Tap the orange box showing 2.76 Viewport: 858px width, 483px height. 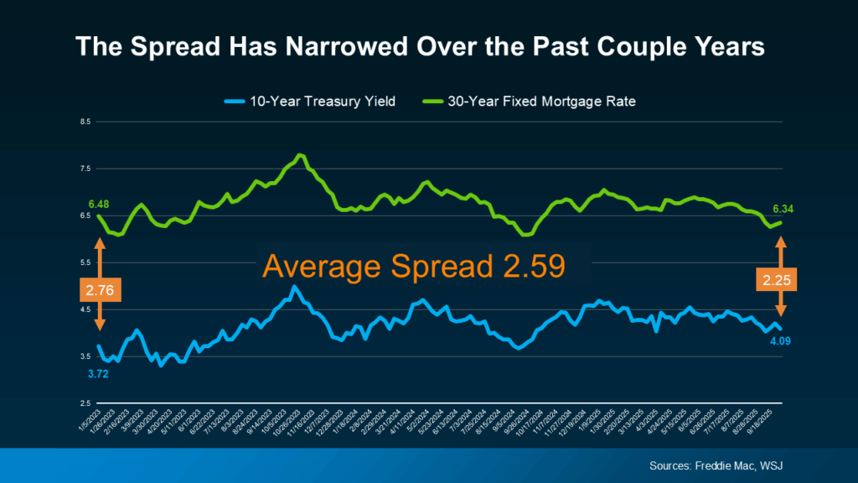(100, 291)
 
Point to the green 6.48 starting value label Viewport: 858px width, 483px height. (100, 204)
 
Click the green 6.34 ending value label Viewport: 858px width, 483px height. (781, 209)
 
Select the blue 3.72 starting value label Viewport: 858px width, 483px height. (99, 372)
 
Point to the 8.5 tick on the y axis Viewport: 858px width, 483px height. (85, 122)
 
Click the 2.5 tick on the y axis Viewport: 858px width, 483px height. (85, 403)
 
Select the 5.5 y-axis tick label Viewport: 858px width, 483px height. (85, 262)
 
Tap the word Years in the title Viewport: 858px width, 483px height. (726, 47)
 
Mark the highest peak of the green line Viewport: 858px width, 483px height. (301, 155)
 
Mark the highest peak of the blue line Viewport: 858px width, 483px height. (293, 288)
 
